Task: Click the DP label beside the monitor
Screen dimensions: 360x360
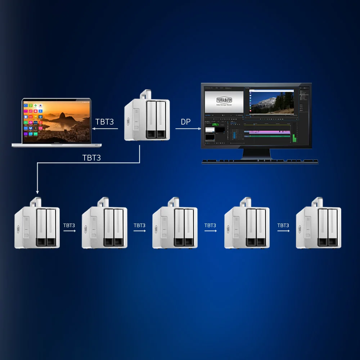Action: click(x=186, y=122)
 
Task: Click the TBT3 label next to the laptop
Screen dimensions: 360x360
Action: click(x=104, y=122)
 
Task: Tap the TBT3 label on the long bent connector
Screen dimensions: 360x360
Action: click(x=91, y=158)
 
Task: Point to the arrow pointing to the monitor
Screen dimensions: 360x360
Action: click(x=188, y=128)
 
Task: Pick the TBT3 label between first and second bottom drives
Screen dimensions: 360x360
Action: click(x=69, y=226)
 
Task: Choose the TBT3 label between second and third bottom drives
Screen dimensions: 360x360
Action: click(x=139, y=226)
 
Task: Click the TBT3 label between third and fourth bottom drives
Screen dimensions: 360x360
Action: click(x=210, y=226)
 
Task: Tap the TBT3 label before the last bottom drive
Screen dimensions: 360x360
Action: click(x=283, y=226)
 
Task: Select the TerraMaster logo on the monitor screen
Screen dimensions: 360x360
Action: click(x=224, y=100)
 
